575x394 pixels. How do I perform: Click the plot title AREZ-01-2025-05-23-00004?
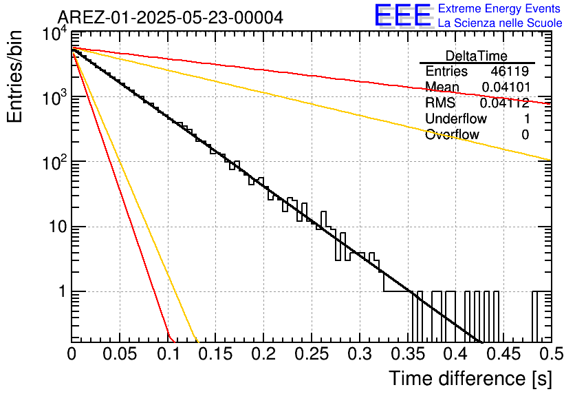click(171, 17)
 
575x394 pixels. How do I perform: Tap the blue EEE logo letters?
click(403, 15)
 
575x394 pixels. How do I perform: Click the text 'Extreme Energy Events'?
click(499, 8)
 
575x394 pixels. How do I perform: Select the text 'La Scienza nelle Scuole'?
click(500, 23)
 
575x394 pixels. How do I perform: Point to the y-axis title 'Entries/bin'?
click(14, 76)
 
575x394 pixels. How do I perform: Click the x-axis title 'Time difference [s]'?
click(470, 378)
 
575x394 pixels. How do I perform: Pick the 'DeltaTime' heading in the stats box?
click(477, 56)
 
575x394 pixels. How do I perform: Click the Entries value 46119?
click(510, 71)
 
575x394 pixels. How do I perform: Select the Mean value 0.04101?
click(506, 87)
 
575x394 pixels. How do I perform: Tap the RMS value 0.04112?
click(505, 103)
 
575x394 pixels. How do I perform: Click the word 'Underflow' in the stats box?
click(456, 118)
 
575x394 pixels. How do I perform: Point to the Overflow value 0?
click(525, 135)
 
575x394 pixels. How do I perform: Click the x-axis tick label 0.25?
click(312, 354)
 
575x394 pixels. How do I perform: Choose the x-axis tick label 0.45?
click(503, 354)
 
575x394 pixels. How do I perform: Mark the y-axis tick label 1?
click(62, 291)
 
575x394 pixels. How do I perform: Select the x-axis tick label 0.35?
click(408, 354)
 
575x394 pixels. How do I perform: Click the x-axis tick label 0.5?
click(552, 354)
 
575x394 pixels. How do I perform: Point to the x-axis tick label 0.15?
click(216, 354)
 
